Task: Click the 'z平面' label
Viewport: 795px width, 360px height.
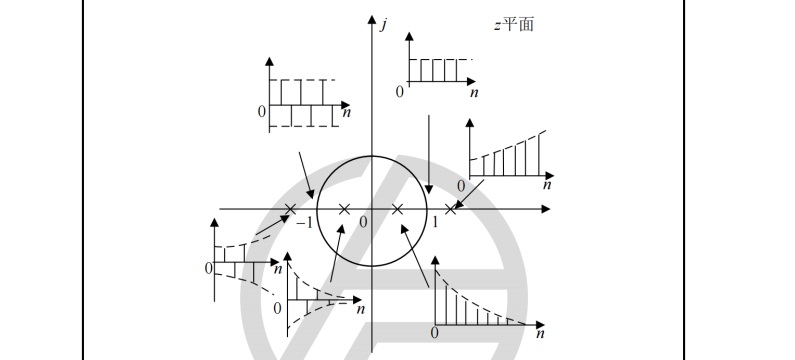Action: click(514, 24)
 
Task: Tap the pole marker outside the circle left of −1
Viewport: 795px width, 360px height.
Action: click(290, 209)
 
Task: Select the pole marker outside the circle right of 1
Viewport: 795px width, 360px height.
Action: click(450, 209)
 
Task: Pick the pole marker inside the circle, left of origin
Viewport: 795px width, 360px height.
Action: click(344, 209)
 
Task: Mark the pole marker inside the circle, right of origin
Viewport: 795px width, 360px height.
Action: click(397, 209)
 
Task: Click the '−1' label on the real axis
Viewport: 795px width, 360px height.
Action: click(304, 222)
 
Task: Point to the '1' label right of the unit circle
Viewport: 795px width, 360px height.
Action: click(435, 222)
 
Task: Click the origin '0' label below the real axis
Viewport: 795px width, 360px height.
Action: click(363, 222)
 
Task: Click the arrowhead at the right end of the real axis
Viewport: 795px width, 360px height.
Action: click(546, 209)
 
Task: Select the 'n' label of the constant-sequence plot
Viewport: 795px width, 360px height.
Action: click(474, 92)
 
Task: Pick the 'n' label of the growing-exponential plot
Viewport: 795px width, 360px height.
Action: click(547, 185)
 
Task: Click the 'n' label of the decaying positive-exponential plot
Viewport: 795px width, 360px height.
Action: click(540, 333)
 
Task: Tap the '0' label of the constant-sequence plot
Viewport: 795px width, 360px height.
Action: click(399, 92)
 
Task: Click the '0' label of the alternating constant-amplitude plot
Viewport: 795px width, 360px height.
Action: click(261, 112)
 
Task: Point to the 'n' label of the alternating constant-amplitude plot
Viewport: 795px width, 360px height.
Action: click(346, 112)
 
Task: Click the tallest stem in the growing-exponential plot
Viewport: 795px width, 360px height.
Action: click(539, 155)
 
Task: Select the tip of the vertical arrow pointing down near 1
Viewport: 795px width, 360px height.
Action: click(429, 193)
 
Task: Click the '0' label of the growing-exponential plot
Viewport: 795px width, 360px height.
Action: click(460, 186)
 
